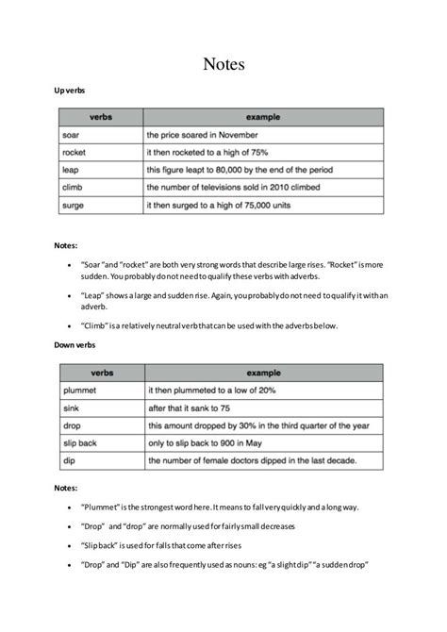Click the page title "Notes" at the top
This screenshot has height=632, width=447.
(223, 64)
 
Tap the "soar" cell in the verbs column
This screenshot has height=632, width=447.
(70, 135)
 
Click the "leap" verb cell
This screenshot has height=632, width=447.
(70, 170)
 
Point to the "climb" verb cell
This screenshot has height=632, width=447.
(72, 187)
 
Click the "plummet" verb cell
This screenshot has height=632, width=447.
(77, 391)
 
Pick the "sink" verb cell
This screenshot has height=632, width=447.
(69, 408)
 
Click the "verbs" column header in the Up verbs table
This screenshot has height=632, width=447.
(102, 117)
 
